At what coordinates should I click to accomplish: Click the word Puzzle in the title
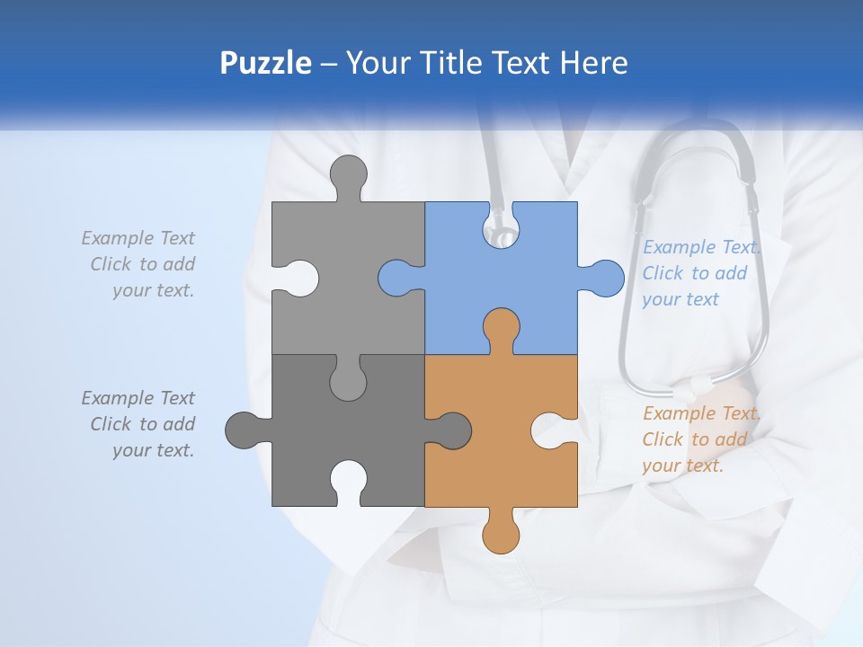[x=265, y=63]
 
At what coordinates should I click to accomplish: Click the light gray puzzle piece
[x=360, y=270]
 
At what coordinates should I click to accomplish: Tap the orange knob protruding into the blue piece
[x=501, y=328]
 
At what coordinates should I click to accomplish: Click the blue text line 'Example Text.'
[x=702, y=247]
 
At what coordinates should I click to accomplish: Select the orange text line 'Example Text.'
[x=702, y=413]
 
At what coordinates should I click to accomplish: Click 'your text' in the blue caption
[x=681, y=299]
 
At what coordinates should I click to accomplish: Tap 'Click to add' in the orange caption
[x=694, y=439]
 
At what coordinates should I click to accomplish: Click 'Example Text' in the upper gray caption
[x=138, y=238]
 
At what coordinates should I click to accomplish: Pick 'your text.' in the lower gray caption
[x=153, y=450]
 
